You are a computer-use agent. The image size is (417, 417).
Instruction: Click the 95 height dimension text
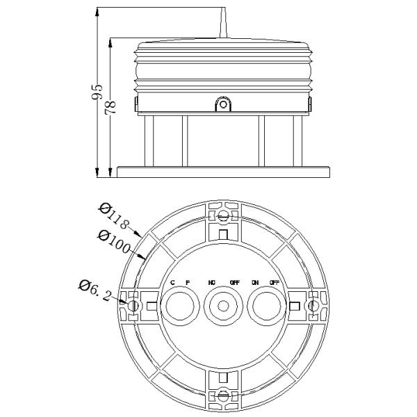(99, 92)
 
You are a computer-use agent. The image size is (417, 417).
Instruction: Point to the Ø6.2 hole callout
(95, 290)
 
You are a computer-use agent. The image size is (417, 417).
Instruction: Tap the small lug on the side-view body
(223, 105)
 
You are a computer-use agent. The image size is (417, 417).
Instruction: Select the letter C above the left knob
(172, 282)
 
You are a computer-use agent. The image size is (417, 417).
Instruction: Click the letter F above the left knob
(187, 282)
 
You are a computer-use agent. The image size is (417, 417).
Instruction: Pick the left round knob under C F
(180, 306)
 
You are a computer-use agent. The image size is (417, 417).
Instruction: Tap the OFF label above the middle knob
(235, 282)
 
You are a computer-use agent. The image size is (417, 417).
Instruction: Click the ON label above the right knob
(255, 282)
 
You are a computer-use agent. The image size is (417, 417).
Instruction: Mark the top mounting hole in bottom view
(222, 216)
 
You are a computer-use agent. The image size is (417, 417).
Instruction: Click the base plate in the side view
(223, 171)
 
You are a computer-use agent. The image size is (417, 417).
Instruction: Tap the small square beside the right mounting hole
(295, 306)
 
